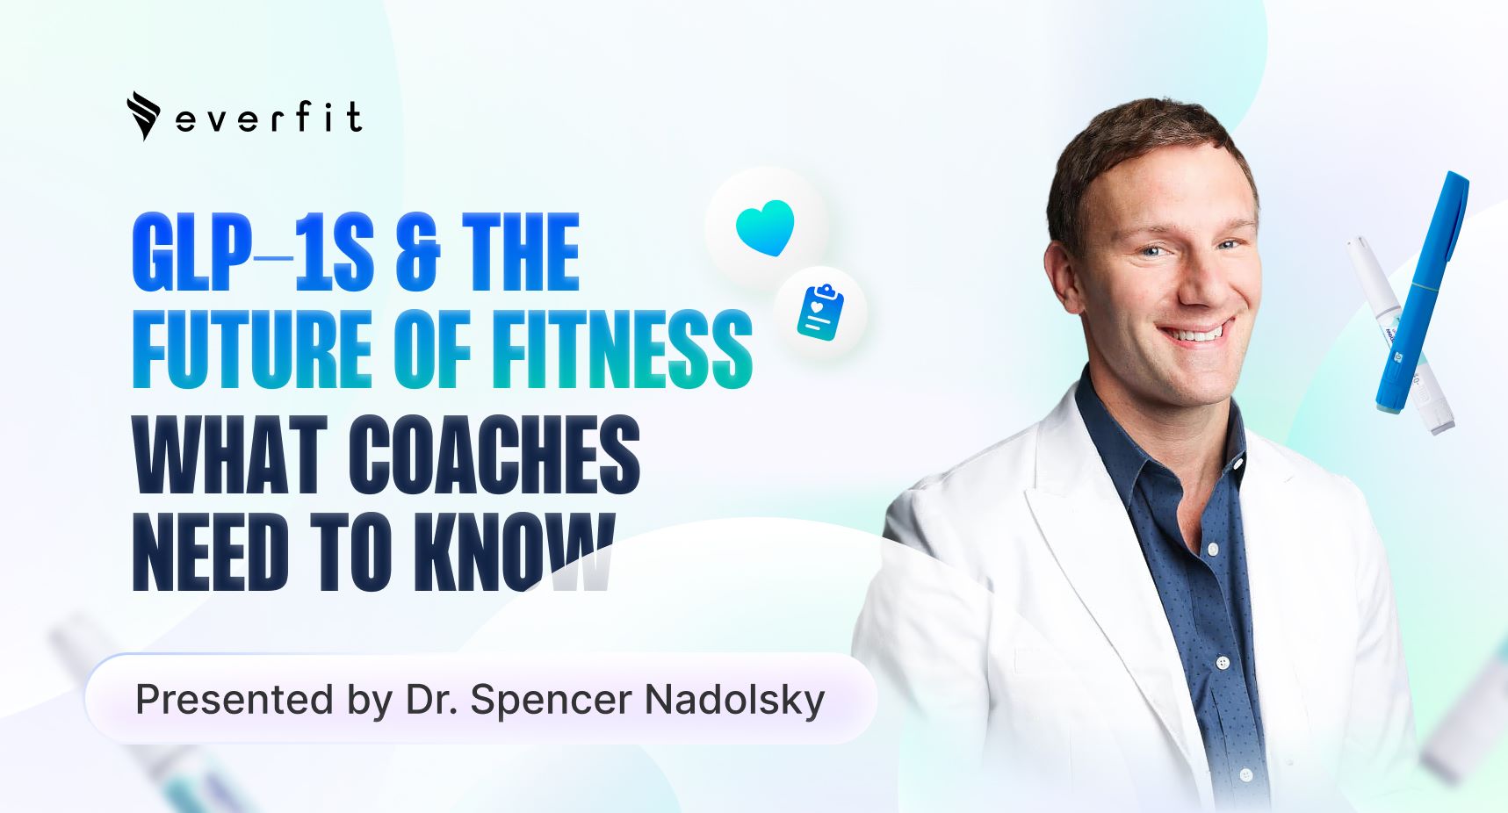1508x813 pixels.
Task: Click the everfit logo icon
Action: [143, 116]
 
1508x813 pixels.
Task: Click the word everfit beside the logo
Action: [269, 118]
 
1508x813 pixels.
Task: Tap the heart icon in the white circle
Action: [765, 228]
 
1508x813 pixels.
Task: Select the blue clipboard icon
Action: [820, 312]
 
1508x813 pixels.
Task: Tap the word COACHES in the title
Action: [494, 454]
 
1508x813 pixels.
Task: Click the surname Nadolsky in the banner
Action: [734, 701]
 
